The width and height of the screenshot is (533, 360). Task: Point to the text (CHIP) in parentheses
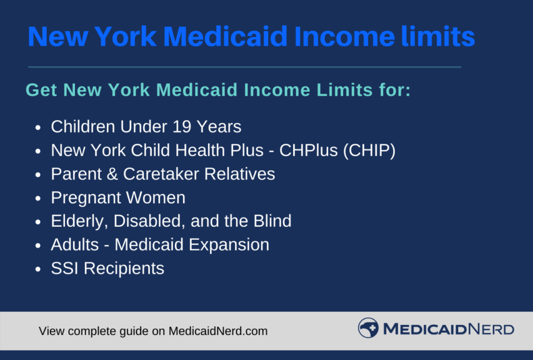369,151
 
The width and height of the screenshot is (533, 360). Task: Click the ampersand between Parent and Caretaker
112,174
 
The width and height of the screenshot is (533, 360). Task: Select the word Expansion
229,245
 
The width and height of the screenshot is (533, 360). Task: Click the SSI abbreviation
65,268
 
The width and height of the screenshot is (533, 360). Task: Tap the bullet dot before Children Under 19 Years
37,128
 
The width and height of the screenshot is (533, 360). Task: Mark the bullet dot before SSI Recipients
37,269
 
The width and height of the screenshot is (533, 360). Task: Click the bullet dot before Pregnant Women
37,198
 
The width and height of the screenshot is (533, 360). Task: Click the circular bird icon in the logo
368,328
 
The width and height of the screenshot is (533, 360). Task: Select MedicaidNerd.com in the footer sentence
218,331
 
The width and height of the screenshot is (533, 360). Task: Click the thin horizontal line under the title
245,67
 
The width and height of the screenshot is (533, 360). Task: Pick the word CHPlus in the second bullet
309,151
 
